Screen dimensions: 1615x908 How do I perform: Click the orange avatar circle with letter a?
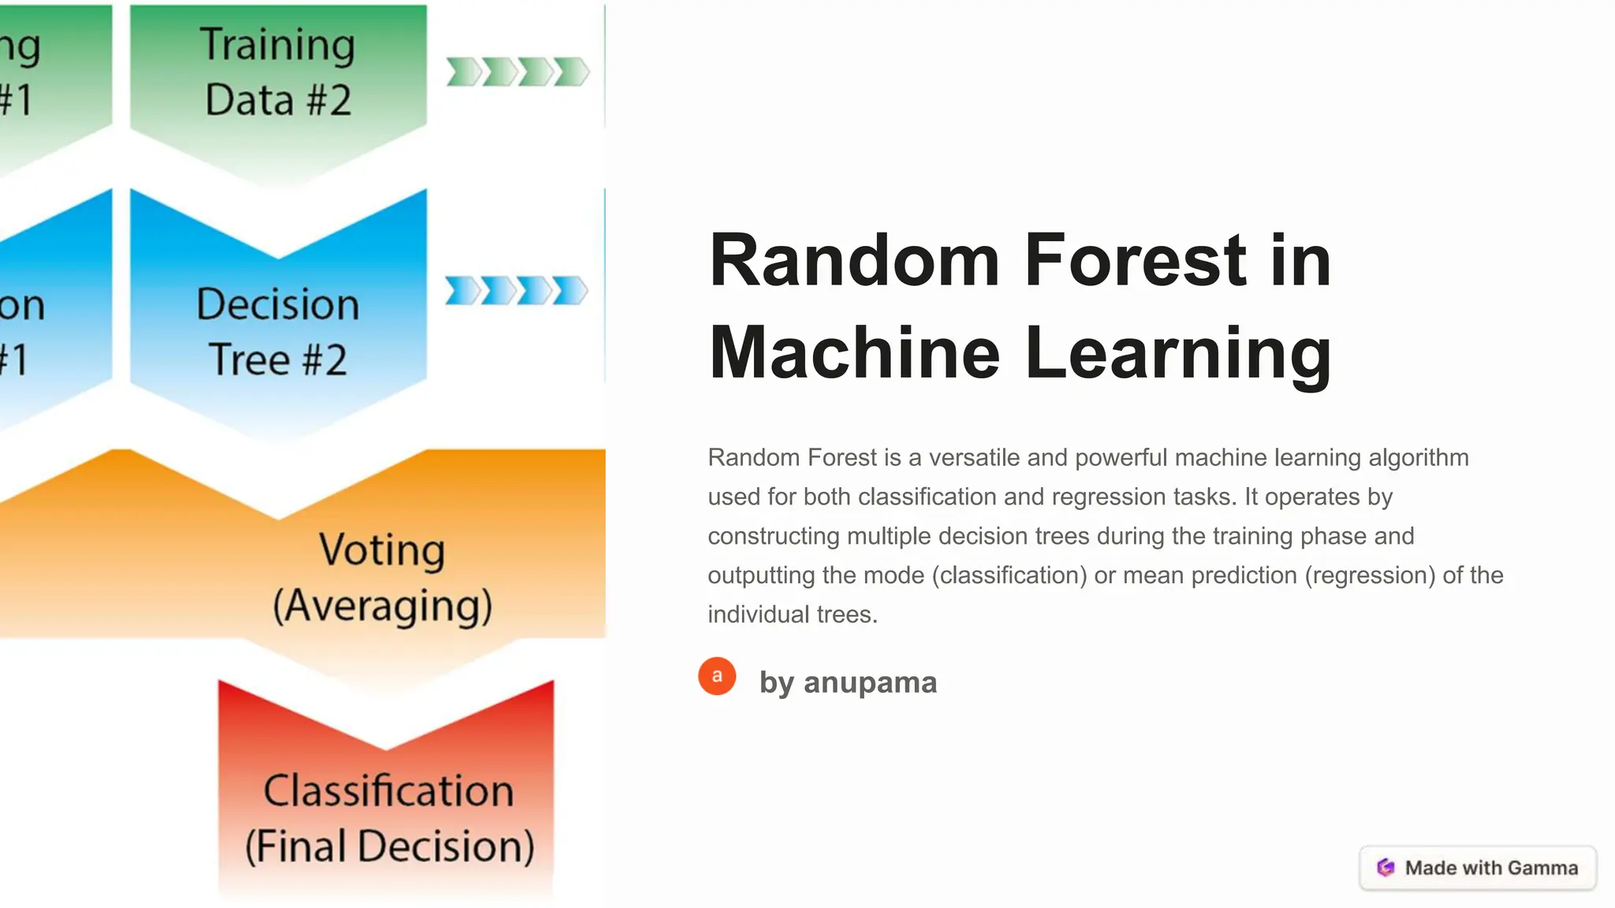(x=717, y=676)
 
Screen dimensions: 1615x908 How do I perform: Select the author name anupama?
(x=870, y=683)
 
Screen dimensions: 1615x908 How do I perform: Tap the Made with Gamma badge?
(x=1478, y=868)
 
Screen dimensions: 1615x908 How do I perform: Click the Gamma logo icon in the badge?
(x=1386, y=868)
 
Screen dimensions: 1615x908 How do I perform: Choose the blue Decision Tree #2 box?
(x=278, y=331)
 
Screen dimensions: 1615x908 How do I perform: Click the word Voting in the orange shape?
(x=382, y=549)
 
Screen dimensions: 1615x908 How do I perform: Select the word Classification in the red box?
(x=388, y=791)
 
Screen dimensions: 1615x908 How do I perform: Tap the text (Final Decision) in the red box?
(x=390, y=847)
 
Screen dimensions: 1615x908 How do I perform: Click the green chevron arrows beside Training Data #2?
(x=517, y=72)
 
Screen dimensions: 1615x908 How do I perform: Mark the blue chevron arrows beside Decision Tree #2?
(x=517, y=291)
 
